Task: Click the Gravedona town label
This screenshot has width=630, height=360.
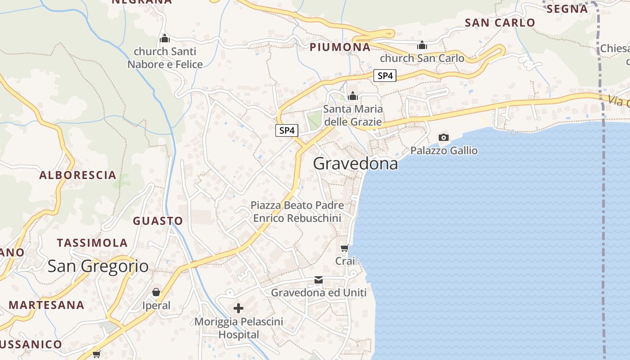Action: pyautogui.click(x=355, y=163)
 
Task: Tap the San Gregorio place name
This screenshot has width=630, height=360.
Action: pyautogui.click(x=98, y=266)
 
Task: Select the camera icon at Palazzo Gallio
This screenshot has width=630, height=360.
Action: pyautogui.click(x=444, y=137)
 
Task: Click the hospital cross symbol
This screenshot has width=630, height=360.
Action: pyautogui.click(x=238, y=308)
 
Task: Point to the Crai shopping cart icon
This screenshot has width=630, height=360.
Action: pyautogui.click(x=345, y=248)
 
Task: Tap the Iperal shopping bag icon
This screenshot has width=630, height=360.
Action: pyautogui.click(x=156, y=292)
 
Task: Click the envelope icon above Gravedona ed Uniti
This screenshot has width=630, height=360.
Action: pyautogui.click(x=319, y=280)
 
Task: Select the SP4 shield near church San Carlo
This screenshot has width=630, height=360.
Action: pyautogui.click(x=385, y=76)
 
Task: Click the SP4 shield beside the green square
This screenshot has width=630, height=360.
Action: pyautogui.click(x=287, y=130)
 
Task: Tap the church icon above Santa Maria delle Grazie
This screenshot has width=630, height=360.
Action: pyautogui.click(x=353, y=95)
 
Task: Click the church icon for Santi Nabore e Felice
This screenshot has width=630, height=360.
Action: pyautogui.click(x=165, y=38)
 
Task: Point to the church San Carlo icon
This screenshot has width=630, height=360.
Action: pyautogui.click(x=422, y=45)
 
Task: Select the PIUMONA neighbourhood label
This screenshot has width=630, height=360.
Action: pyautogui.click(x=340, y=47)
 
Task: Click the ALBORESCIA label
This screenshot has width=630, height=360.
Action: pyautogui.click(x=78, y=175)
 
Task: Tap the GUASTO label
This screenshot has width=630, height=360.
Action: pyautogui.click(x=158, y=221)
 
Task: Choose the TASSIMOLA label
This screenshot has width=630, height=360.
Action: pyautogui.click(x=92, y=243)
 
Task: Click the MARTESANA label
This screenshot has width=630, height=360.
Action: pyautogui.click(x=47, y=305)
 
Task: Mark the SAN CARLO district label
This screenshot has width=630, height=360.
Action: pyautogui.click(x=500, y=22)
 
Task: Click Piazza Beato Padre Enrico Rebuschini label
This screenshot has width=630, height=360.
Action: pyautogui.click(x=297, y=211)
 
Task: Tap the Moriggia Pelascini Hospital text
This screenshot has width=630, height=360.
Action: pyautogui.click(x=239, y=328)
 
